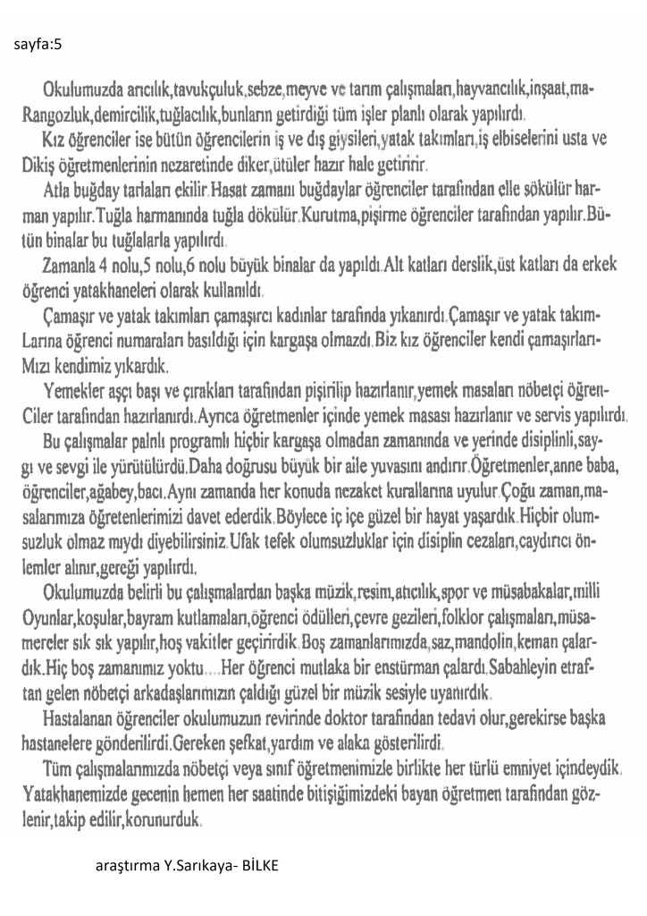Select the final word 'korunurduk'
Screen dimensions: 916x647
[x=168, y=818]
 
